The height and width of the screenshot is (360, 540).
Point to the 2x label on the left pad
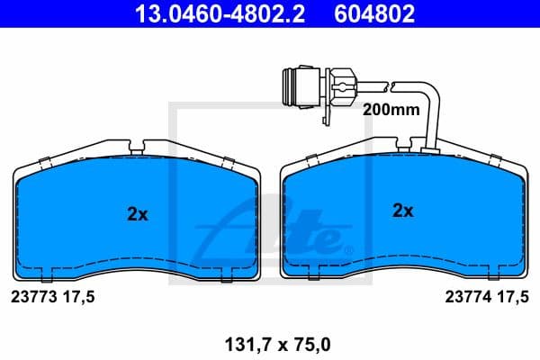point(137,215)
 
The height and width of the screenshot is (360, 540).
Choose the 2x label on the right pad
point(402,211)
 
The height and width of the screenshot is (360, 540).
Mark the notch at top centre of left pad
point(137,146)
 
